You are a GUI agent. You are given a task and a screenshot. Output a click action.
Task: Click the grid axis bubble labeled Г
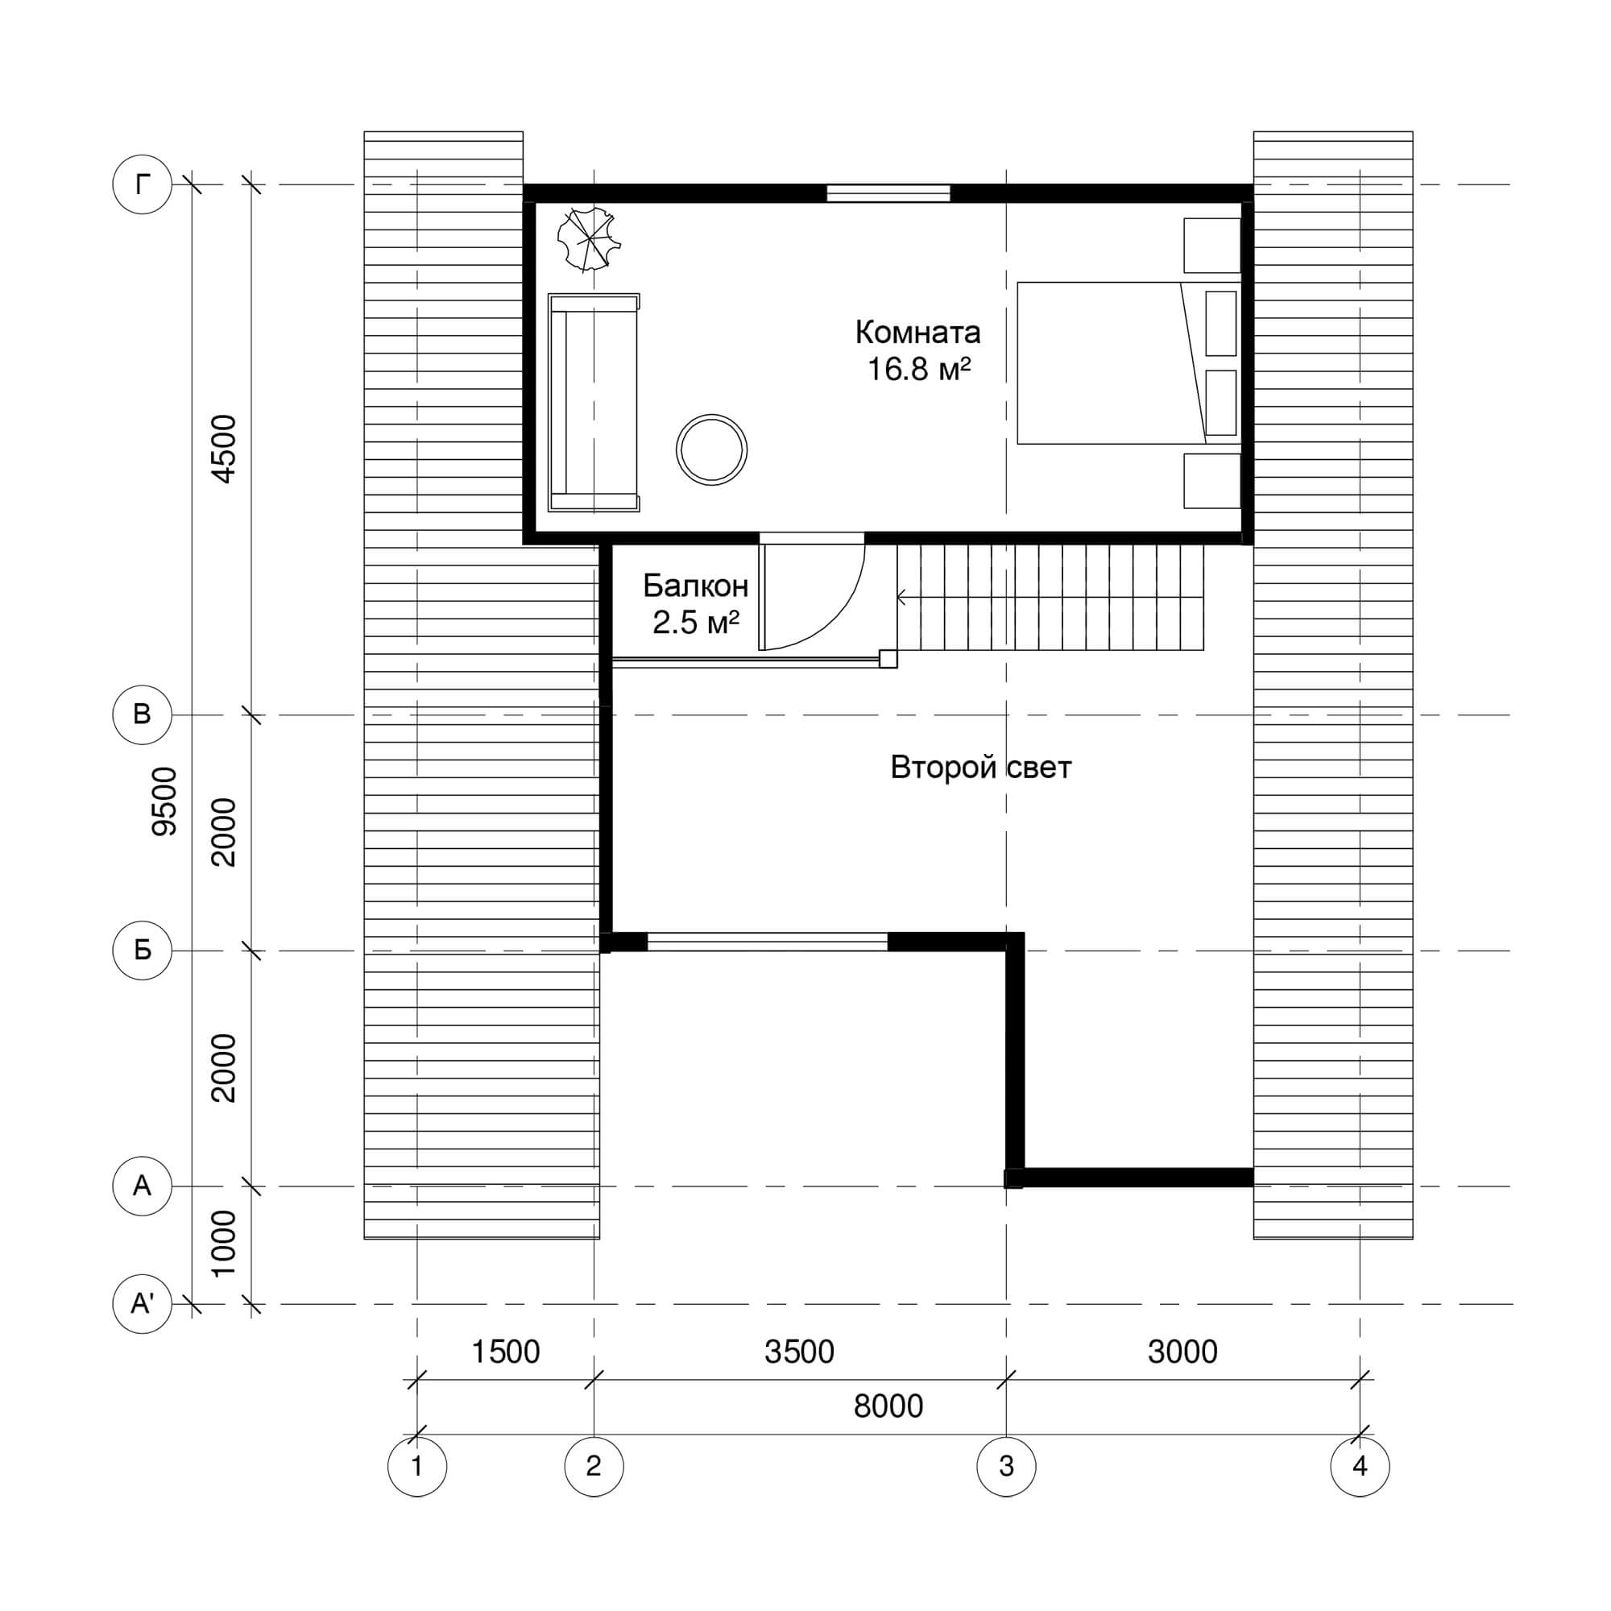click(x=142, y=184)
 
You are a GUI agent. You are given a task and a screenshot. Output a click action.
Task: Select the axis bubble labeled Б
click(x=142, y=950)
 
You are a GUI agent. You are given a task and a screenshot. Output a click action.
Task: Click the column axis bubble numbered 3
click(x=1005, y=1466)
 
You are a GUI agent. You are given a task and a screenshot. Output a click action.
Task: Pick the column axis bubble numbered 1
click(x=417, y=1466)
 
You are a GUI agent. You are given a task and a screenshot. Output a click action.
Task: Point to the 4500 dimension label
click(x=223, y=449)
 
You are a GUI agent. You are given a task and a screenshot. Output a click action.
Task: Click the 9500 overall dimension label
click(x=164, y=801)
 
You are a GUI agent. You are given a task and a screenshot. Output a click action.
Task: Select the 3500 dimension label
click(x=799, y=1352)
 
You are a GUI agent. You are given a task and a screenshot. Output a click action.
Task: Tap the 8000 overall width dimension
click(x=888, y=1406)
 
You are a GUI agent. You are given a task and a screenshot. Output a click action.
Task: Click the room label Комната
click(x=917, y=333)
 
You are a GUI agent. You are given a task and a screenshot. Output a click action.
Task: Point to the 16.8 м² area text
click(x=919, y=369)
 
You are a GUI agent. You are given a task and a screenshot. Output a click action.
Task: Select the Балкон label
click(x=695, y=587)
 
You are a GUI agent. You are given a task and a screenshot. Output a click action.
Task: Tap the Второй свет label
click(x=980, y=767)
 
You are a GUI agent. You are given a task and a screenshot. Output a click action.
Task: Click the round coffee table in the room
click(x=711, y=449)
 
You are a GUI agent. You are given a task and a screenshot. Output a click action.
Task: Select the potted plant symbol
click(x=589, y=239)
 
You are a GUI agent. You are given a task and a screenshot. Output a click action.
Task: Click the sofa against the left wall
click(x=594, y=402)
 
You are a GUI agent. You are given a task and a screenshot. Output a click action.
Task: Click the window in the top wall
click(x=888, y=193)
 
